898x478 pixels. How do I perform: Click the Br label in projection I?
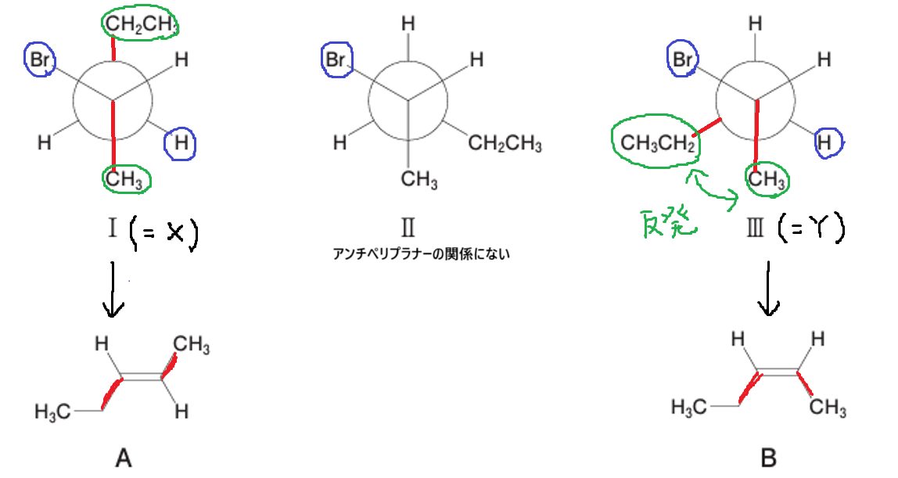click(x=40, y=59)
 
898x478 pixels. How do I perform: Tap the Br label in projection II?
click(x=336, y=59)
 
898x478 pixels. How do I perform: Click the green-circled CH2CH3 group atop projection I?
click(x=140, y=23)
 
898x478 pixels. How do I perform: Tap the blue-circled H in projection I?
click(x=181, y=143)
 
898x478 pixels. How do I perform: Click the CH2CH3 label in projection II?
click(x=505, y=143)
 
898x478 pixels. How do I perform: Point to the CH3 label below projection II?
click(x=419, y=179)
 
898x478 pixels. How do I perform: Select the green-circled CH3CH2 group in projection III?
click(x=657, y=142)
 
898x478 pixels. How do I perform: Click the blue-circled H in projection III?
click(x=824, y=142)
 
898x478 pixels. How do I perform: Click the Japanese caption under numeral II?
click(x=421, y=254)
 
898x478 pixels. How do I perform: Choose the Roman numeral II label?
click(x=408, y=228)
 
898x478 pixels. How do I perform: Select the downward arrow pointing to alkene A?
click(x=113, y=289)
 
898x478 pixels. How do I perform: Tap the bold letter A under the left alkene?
click(x=124, y=458)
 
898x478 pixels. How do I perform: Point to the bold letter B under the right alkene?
click(x=769, y=458)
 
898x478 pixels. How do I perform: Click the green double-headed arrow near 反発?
click(x=713, y=189)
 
